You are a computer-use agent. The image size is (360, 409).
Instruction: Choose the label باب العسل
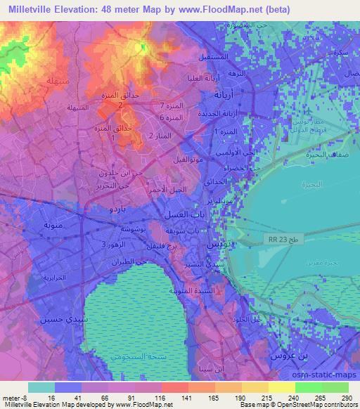[179, 213]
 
